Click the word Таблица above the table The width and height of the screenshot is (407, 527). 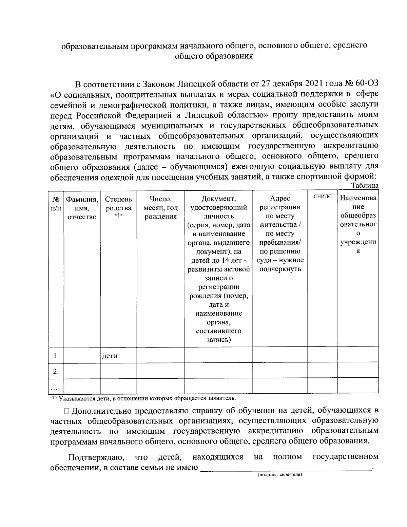tap(365, 186)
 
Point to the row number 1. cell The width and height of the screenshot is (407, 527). tap(56, 356)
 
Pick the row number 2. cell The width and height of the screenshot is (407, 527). tap(56, 371)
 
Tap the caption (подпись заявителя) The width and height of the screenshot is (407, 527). tap(279, 475)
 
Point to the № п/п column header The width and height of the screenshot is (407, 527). tap(56, 203)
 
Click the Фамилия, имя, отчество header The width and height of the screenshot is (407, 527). tap(82, 208)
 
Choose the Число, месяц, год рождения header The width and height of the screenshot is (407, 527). tap(160, 208)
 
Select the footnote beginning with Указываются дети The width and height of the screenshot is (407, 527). tap(142, 398)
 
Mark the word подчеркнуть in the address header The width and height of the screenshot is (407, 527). tap(280, 269)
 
